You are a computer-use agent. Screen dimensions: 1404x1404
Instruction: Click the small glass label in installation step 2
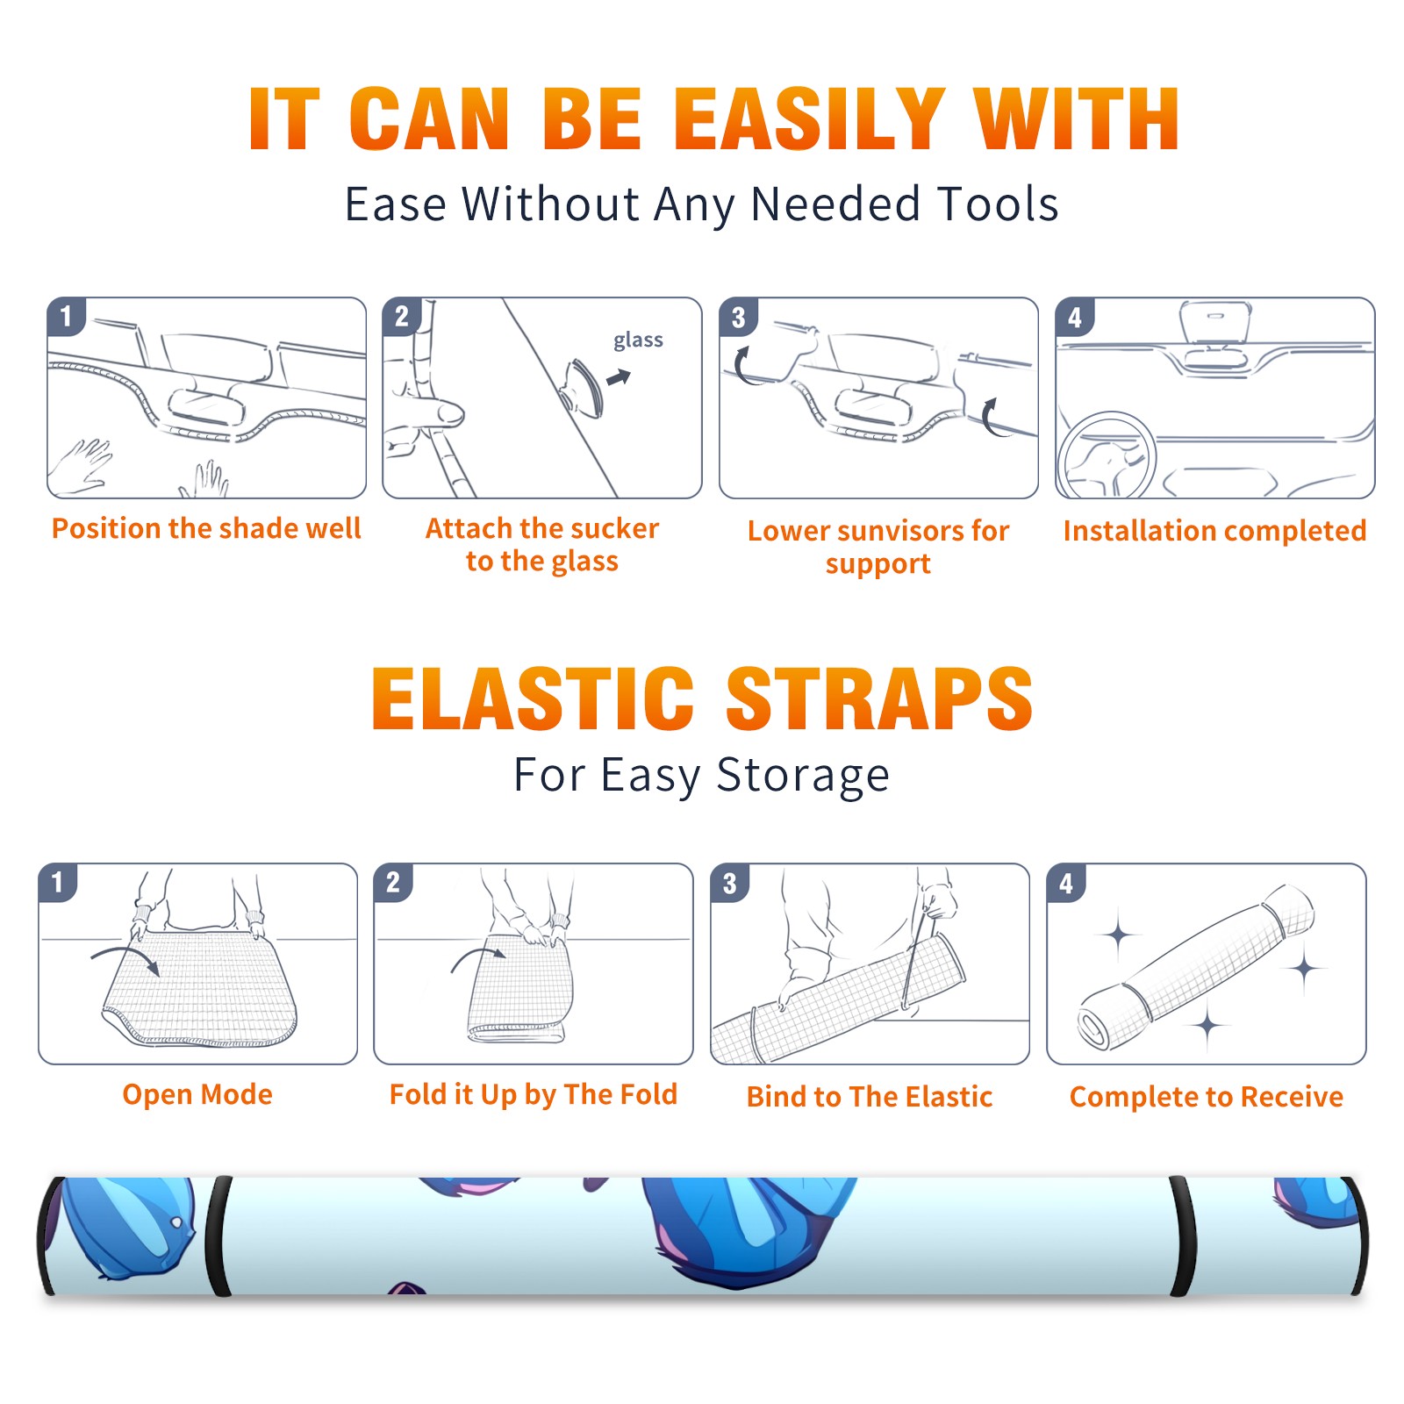coord(638,340)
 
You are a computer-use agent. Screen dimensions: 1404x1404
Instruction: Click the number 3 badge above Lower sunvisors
coord(739,317)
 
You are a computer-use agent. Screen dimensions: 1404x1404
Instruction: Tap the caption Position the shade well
coord(206,528)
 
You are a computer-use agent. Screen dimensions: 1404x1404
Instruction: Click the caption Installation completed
coord(1214,531)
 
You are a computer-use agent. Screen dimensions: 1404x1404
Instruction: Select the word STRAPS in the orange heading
coord(879,698)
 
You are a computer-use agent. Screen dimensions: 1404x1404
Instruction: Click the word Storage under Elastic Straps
coord(803,776)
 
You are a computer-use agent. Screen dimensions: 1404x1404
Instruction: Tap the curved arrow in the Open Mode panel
coord(125,957)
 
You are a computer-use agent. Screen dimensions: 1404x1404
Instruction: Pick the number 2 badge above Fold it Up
coord(393,883)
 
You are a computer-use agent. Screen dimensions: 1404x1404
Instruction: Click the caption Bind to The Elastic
coord(870,1097)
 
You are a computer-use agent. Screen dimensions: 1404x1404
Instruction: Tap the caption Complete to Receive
coord(1207,1097)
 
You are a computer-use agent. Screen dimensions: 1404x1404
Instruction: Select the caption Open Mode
coord(197,1095)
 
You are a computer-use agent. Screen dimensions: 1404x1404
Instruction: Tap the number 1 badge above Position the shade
coord(67,317)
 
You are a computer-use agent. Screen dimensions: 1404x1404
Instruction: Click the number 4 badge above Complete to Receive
coord(1066,883)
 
